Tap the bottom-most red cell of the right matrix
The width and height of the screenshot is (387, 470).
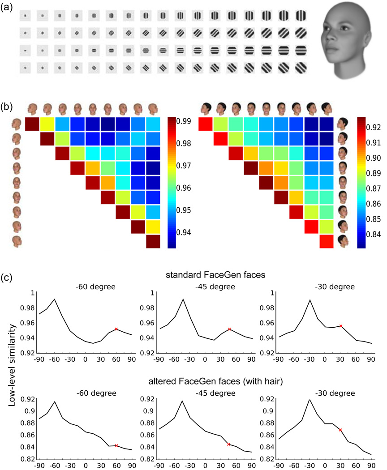click(327, 240)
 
